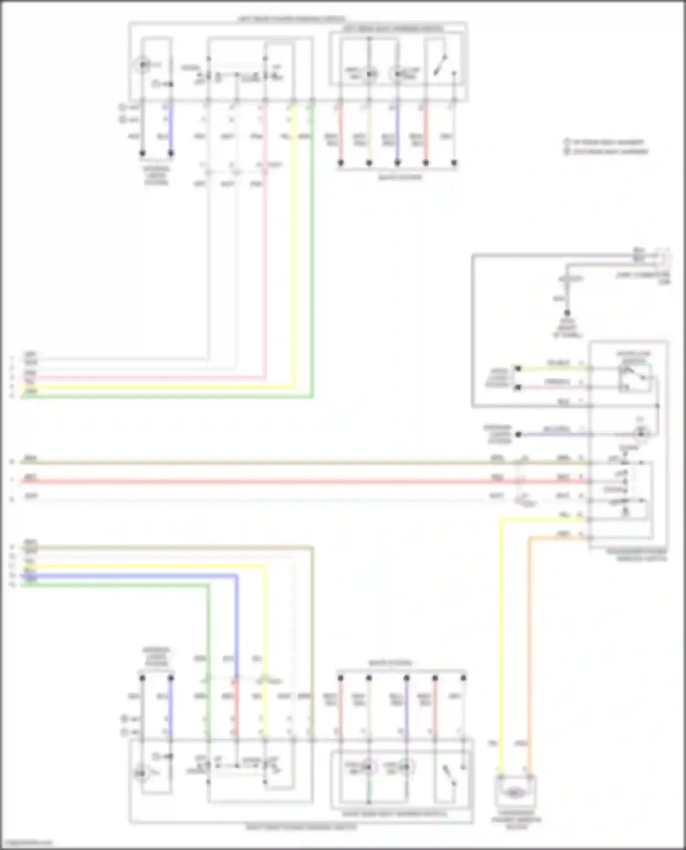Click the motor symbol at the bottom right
pyautogui.click(x=515, y=793)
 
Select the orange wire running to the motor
pyautogui.click(x=530, y=639)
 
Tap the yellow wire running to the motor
pyautogui.click(x=501, y=639)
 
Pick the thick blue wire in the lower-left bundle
pyautogui.click(x=137, y=576)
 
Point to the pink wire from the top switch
pyautogui.click(x=265, y=274)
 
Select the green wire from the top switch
pyautogui.click(x=312, y=274)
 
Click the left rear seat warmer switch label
pyautogui.click(x=393, y=29)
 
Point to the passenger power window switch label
pyautogui.click(x=637, y=555)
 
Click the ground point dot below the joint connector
pyautogui.click(x=567, y=313)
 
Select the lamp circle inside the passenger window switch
pyautogui.click(x=641, y=433)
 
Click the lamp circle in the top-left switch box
pyautogui.click(x=143, y=65)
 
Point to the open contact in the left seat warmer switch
pyautogui.click(x=441, y=65)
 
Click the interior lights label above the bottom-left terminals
pyautogui.click(x=156, y=657)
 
